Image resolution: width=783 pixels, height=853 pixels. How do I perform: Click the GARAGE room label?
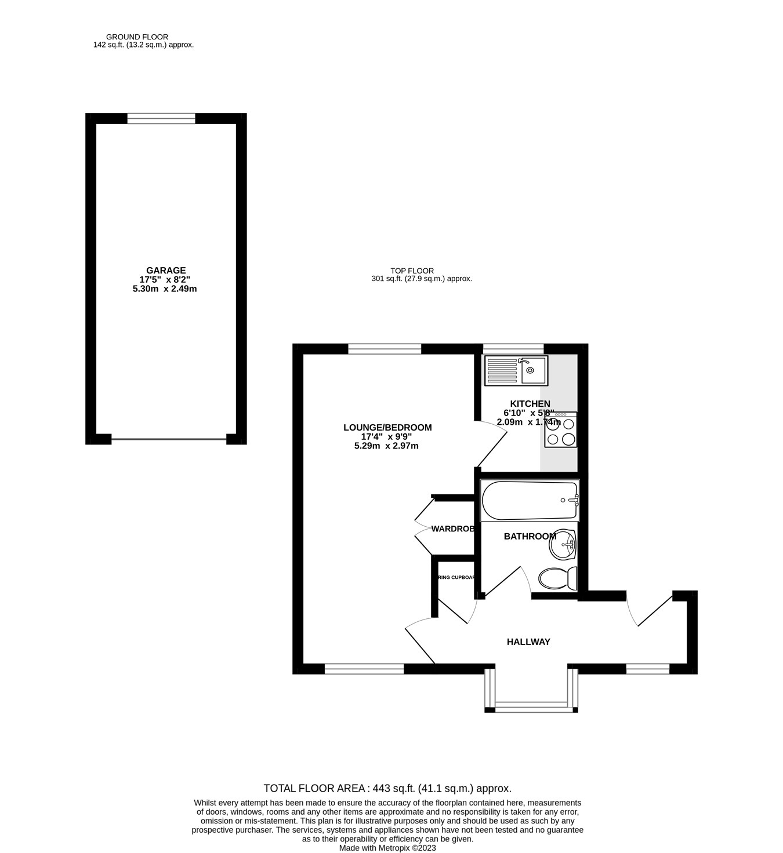(x=166, y=270)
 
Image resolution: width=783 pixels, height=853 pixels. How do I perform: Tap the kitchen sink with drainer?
(x=516, y=370)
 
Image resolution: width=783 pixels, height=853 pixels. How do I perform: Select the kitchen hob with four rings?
(x=560, y=430)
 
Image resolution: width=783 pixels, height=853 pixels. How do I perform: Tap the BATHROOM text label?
(x=530, y=537)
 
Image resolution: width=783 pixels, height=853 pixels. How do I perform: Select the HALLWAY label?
(x=528, y=641)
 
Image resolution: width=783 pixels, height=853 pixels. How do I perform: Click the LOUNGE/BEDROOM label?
(x=387, y=428)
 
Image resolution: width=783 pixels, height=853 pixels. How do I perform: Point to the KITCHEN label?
(x=530, y=404)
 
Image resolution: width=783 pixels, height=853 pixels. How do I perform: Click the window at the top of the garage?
(x=161, y=119)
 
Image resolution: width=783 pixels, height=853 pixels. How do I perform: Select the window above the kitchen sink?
(x=513, y=348)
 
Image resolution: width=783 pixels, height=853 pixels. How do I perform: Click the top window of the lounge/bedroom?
(x=385, y=348)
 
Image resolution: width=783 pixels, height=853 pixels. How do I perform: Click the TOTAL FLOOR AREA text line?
(x=387, y=788)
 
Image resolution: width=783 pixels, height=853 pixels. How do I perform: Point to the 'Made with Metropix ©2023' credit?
(x=387, y=848)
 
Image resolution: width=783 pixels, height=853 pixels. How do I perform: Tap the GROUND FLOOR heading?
(x=137, y=37)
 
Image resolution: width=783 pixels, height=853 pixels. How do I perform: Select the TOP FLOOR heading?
(x=412, y=271)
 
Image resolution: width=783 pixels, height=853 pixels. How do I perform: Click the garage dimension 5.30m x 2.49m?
(x=165, y=289)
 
